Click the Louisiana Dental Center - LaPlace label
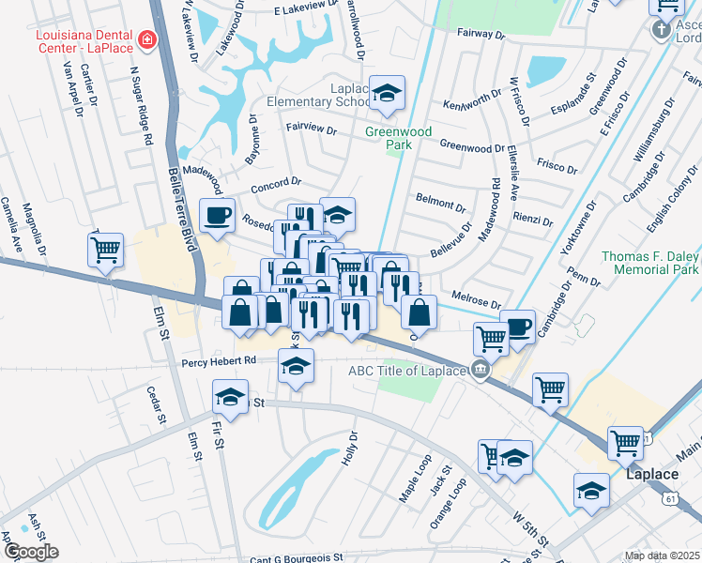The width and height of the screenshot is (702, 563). click(84, 40)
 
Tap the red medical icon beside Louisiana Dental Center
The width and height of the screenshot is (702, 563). click(146, 39)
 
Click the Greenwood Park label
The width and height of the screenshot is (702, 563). click(398, 139)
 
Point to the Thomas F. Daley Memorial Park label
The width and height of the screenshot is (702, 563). click(649, 263)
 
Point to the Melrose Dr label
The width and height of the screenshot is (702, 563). click(476, 299)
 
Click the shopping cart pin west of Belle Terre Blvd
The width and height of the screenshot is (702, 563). click(106, 251)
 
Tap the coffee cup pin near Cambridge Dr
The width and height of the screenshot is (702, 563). click(518, 327)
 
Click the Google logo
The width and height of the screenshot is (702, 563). click(30, 552)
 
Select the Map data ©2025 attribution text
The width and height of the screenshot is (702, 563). click(663, 556)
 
